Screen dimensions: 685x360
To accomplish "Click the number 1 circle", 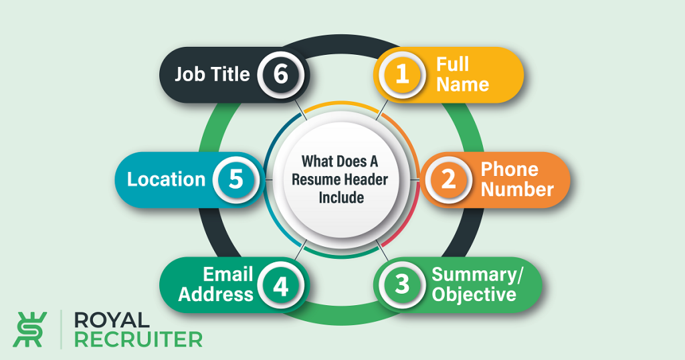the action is [x=402, y=74].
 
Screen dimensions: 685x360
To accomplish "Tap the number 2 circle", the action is [x=449, y=179].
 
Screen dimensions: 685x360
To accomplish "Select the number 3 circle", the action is [x=402, y=284].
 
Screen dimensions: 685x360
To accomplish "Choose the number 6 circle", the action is [x=280, y=74].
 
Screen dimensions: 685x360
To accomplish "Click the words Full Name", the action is [x=462, y=74].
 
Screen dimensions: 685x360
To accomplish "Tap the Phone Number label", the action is [x=517, y=179].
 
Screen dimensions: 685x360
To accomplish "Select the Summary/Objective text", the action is [x=477, y=284].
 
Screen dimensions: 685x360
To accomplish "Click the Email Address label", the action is [x=216, y=284].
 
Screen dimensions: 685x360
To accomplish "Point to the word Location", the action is [x=166, y=179].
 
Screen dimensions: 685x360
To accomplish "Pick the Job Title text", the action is [x=212, y=74].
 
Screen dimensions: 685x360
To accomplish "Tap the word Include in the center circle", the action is [x=341, y=197].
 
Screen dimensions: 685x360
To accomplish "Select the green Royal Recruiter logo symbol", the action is [x=29, y=329].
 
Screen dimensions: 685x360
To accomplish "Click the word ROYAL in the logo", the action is [x=112, y=321].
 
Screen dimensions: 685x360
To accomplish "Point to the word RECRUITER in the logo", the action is [x=138, y=339].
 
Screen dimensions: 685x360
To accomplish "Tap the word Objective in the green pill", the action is [x=474, y=295].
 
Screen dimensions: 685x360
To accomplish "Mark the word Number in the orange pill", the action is [x=517, y=189].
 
